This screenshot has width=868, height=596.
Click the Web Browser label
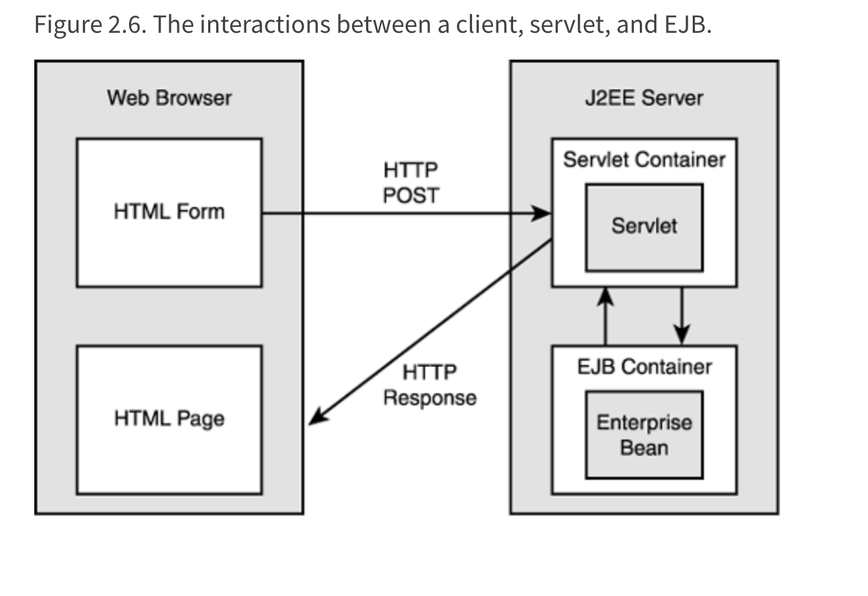[169, 98]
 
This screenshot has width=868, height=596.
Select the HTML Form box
[169, 212]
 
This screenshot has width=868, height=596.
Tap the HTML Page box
[169, 419]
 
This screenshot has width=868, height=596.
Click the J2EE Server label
[644, 98]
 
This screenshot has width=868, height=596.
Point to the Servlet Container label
[644, 159]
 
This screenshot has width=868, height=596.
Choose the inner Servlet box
[644, 226]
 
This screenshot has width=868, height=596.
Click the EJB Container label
[644, 367]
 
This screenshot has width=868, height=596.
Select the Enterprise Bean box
[644, 435]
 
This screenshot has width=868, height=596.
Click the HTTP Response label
[430, 385]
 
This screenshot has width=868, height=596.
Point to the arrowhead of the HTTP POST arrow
[544, 215]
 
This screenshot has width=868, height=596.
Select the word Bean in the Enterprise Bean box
[644, 448]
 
